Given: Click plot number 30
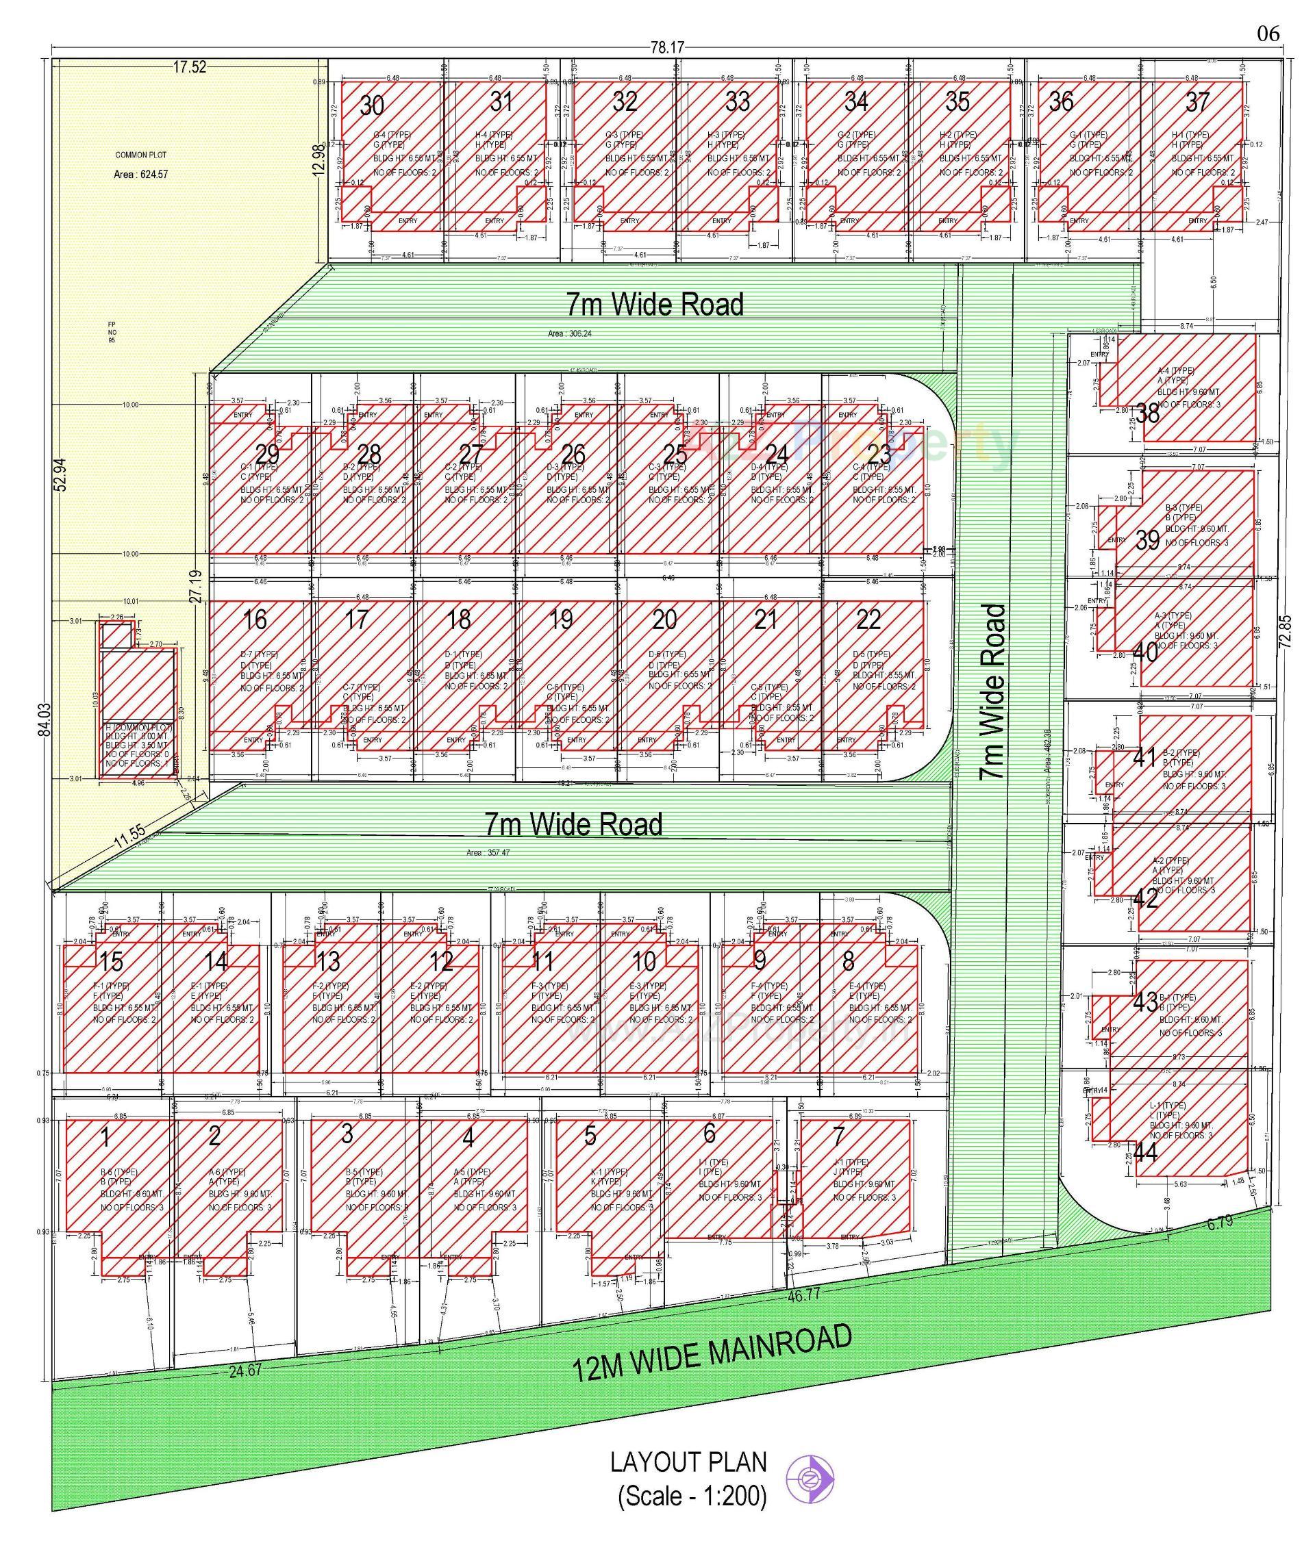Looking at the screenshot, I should point(372,105).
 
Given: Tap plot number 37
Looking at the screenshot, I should point(1197,102).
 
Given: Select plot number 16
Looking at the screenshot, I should point(255,619).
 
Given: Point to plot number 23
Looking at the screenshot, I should point(880,453).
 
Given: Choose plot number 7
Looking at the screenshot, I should point(839,1136).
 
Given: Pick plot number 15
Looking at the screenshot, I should point(111,961).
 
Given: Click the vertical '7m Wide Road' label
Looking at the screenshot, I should point(993,692).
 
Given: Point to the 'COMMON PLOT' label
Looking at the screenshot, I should point(141,155).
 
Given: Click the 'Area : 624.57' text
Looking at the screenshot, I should point(141,175).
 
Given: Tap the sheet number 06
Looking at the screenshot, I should point(1268,34).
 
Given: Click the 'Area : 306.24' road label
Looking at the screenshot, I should point(571,333).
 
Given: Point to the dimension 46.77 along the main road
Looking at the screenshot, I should point(803,1295).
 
